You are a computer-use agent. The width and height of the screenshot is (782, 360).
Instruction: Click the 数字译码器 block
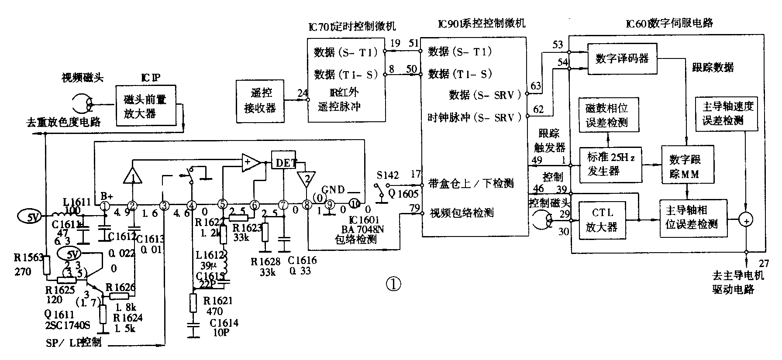point(622,59)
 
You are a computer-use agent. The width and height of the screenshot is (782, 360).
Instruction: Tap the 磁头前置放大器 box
point(145,106)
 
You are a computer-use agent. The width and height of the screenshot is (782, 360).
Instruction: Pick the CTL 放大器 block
point(601,220)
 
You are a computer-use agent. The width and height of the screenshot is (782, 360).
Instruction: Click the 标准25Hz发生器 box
point(611,165)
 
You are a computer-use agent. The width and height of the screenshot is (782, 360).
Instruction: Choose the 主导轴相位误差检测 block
point(693,218)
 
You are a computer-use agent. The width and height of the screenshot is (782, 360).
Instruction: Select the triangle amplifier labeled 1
point(132,175)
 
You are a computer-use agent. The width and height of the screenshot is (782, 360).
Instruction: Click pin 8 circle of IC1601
point(307,205)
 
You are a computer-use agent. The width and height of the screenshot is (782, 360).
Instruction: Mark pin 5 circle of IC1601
point(223,205)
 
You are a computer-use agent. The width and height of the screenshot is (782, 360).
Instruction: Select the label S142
point(388,175)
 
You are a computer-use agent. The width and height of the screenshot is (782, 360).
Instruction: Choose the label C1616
point(302,261)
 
